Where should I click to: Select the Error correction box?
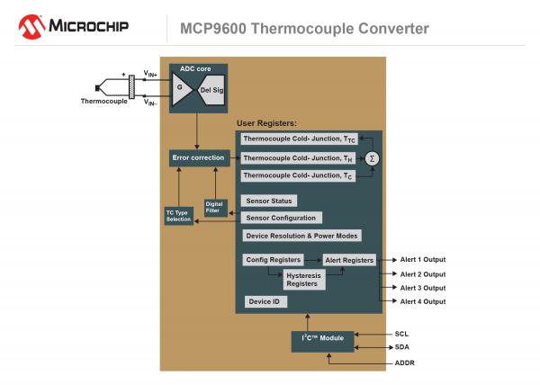[197, 157]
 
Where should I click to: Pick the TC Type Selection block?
[178, 216]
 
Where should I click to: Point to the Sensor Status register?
[269, 201]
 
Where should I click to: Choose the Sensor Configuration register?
[281, 218]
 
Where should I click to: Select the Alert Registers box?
[349, 260]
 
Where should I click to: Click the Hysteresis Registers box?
[302, 279]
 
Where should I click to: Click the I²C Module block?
[323, 341]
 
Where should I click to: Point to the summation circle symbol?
[371, 157]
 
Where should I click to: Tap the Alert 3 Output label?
[422, 288]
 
